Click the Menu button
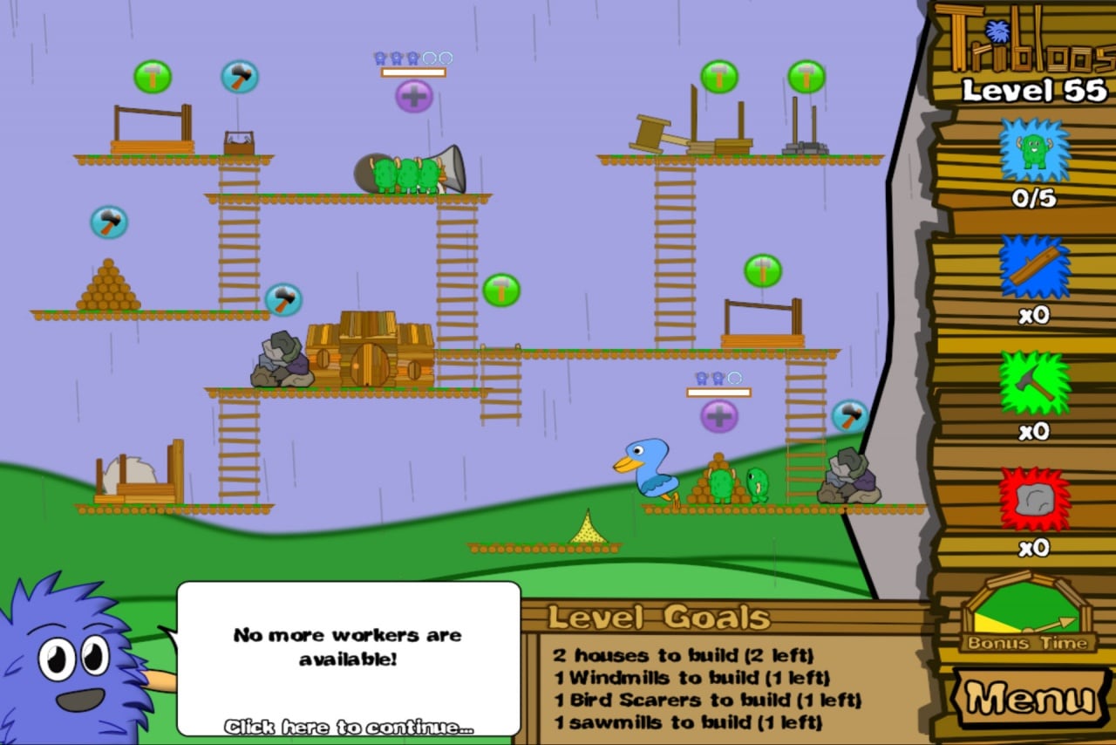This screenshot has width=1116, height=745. [1031, 699]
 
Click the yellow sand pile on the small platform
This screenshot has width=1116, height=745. [589, 530]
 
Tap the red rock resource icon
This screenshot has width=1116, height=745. [1033, 500]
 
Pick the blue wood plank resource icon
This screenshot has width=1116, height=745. [1034, 266]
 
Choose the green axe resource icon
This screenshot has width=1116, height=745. [1034, 383]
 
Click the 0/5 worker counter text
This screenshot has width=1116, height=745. [1034, 199]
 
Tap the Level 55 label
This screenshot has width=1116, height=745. [1034, 90]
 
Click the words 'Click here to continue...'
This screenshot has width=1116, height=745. [349, 727]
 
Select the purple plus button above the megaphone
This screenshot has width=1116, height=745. [414, 96]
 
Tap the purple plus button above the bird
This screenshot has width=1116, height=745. [719, 416]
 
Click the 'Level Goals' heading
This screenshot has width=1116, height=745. [659, 618]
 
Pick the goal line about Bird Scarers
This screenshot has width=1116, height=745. [706, 700]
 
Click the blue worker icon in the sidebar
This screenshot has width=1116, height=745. [1034, 149]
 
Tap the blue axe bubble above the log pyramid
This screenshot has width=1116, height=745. [109, 222]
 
